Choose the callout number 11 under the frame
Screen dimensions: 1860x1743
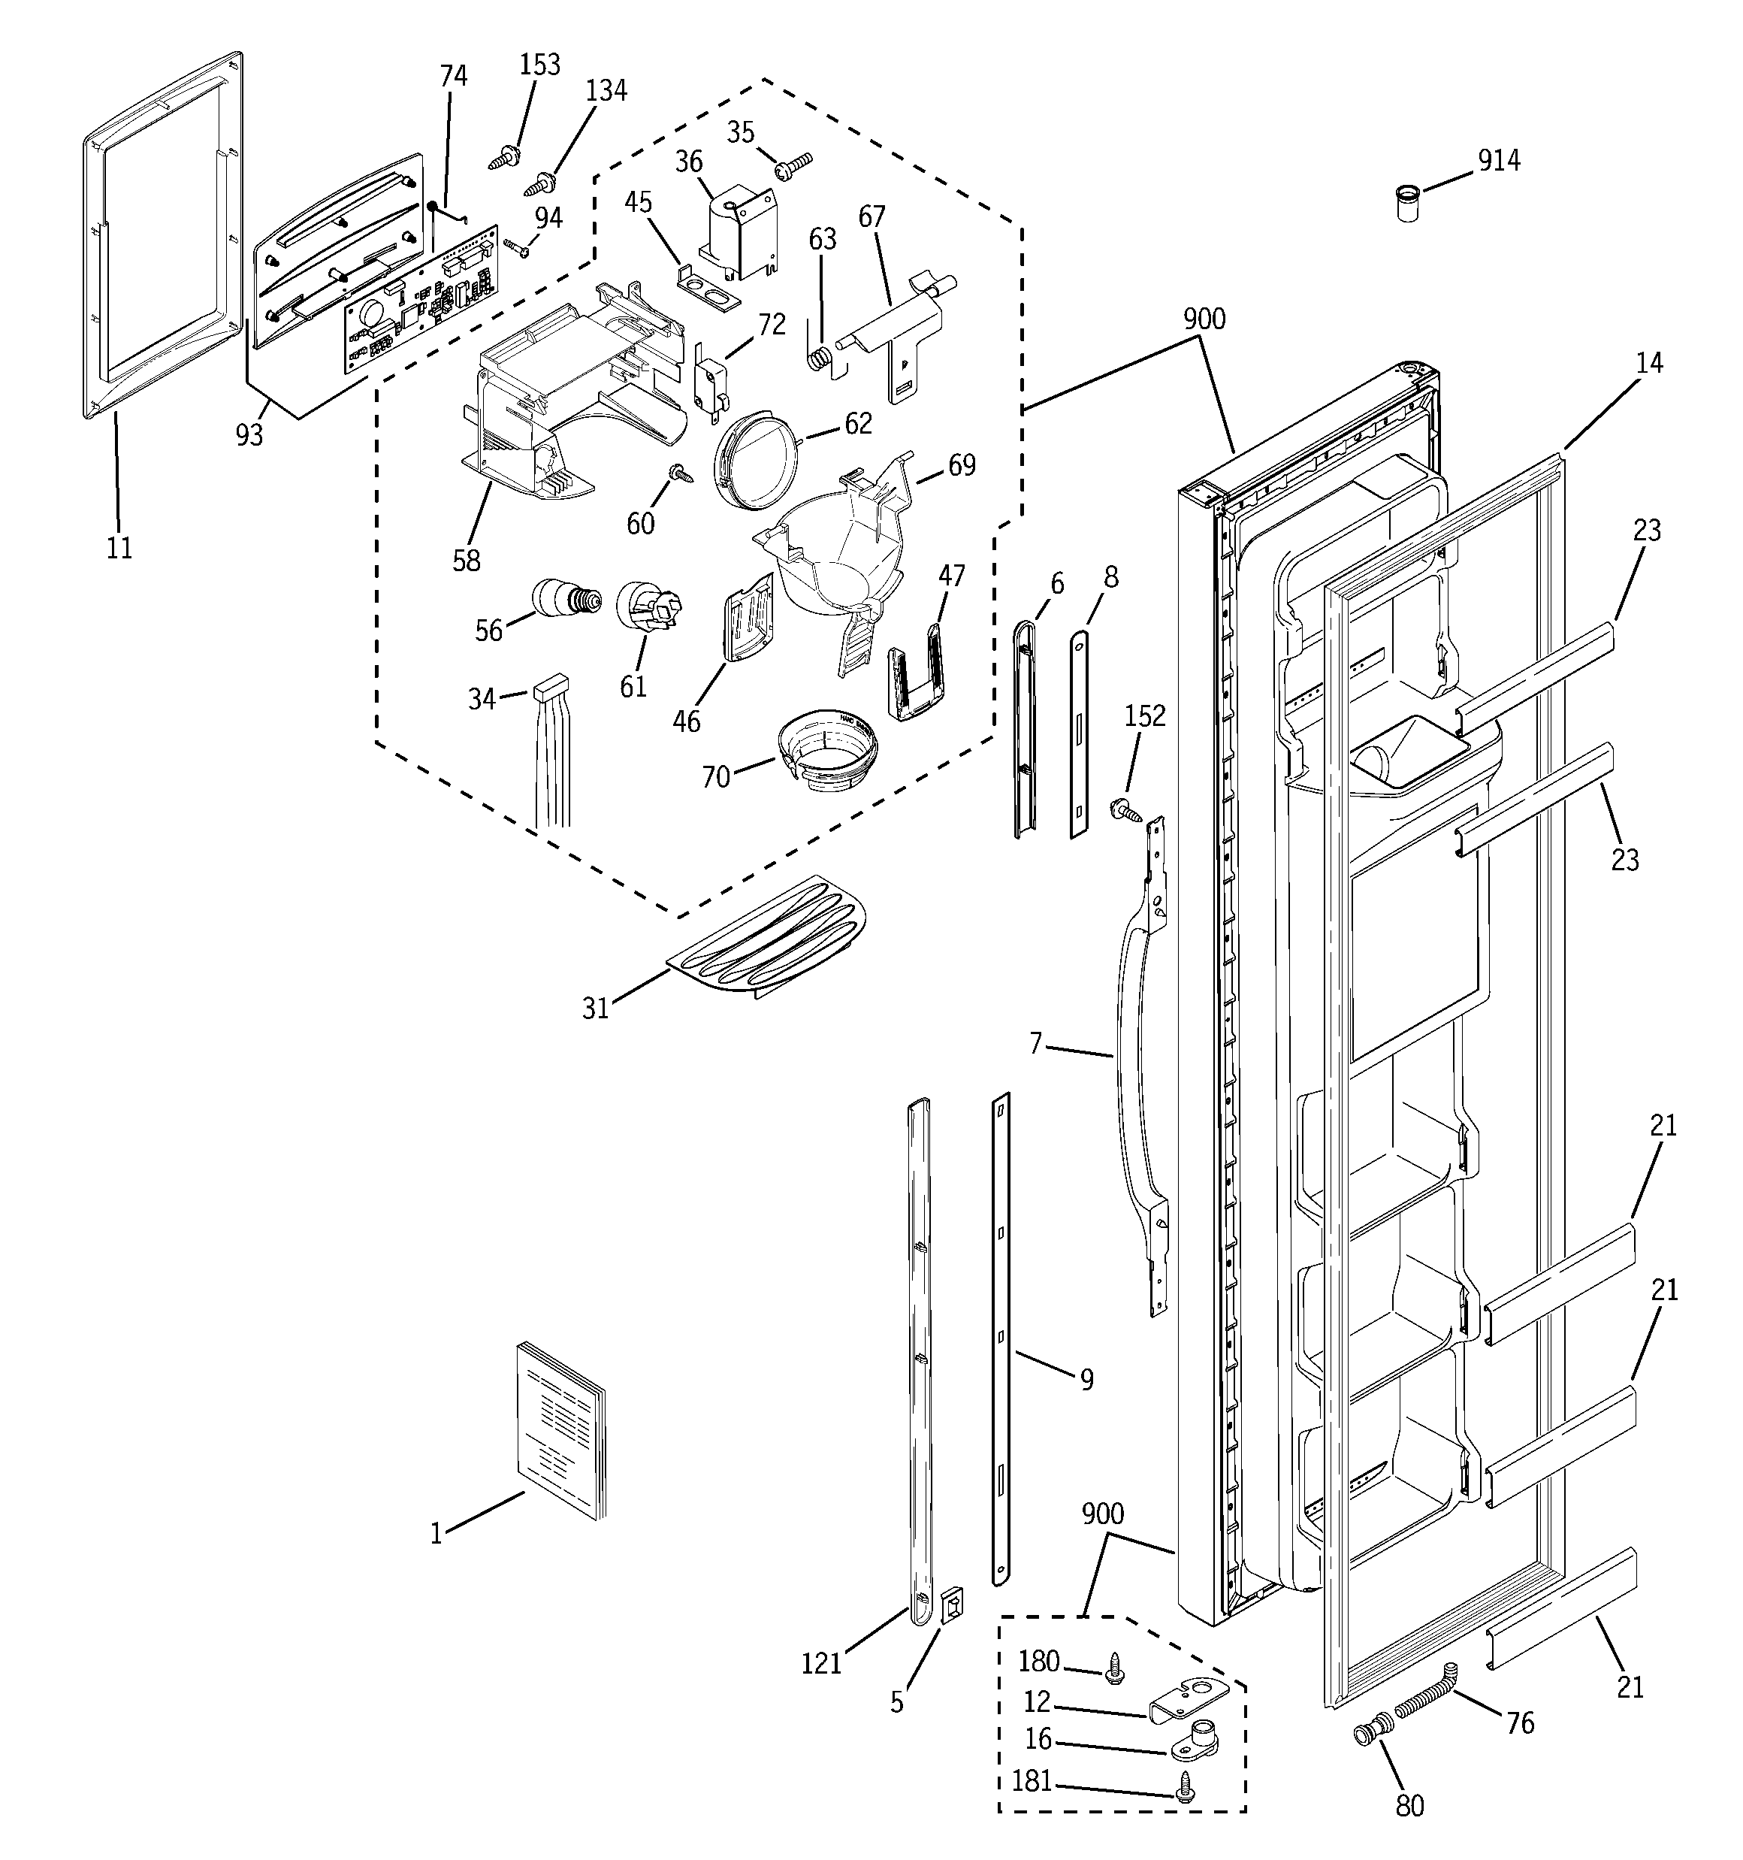click(x=119, y=547)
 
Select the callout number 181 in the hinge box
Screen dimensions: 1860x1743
click(x=1032, y=1780)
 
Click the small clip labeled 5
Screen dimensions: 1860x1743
click(x=950, y=1607)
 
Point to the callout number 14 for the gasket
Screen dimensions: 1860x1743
click(x=1648, y=363)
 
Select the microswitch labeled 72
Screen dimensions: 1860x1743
click(x=706, y=382)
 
